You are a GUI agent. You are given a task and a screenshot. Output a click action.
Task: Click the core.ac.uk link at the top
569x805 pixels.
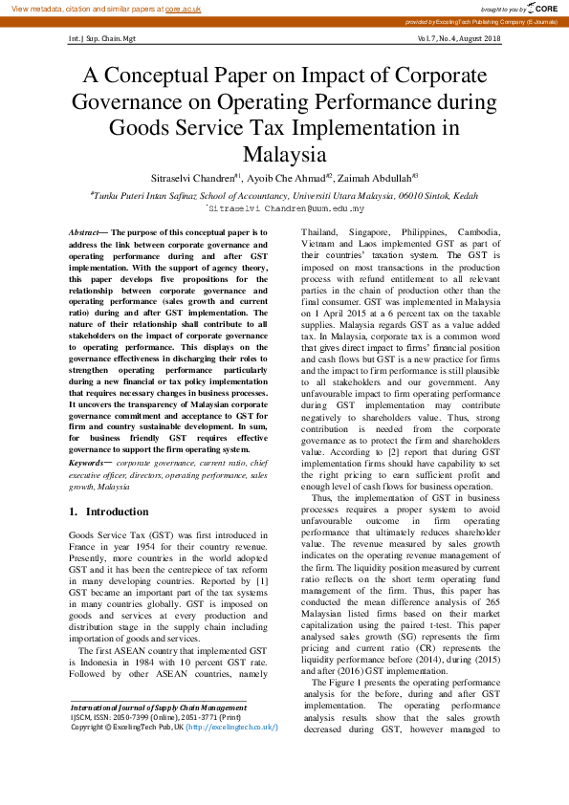(x=184, y=8)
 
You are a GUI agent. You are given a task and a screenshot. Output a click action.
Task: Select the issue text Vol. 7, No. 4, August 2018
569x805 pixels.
(x=459, y=38)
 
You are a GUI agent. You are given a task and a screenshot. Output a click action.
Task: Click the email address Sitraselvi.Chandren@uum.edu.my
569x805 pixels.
(x=285, y=207)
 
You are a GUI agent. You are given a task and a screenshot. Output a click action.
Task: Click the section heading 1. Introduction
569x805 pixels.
(x=109, y=511)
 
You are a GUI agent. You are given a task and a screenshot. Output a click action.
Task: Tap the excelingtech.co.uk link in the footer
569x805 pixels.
(x=234, y=753)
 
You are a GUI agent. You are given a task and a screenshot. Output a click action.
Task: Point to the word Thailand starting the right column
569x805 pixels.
(x=323, y=233)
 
